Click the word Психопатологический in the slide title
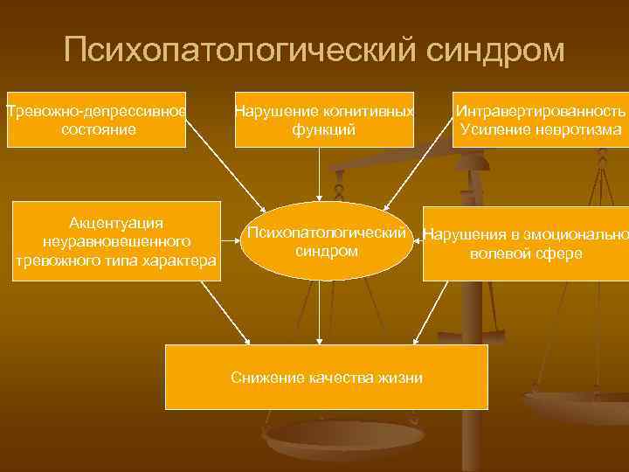pos(238,50)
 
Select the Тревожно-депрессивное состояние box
pos(95,120)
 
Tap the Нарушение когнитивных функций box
pos(324,120)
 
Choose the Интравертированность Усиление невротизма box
pos(539,120)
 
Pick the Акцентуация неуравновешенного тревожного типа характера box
pos(115,241)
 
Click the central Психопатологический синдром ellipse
pos(327,241)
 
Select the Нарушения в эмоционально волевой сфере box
pos(525,244)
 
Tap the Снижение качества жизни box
pos(327,377)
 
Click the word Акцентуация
pos(116,223)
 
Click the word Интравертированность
pos(540,112)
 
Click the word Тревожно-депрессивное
pos(95,112)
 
